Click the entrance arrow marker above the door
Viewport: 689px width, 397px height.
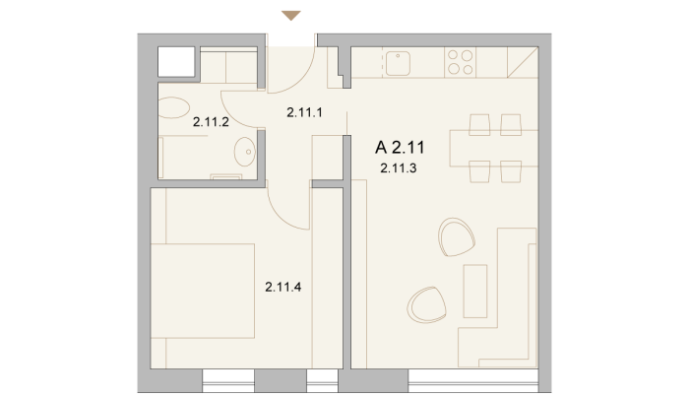(x=291, y=16)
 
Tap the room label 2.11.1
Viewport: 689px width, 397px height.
(x=304, y=112)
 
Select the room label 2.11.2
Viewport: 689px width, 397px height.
(x=211, y=122)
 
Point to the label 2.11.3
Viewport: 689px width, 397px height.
(x=399, y=167)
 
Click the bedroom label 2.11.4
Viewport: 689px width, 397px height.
(x=283, y=287)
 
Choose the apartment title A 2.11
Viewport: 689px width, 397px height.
(x=400, y=148)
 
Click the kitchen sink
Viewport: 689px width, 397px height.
(x=398, y=63)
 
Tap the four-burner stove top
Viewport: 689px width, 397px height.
(x=460, y=62)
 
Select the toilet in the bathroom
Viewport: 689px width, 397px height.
(x=173, y=107)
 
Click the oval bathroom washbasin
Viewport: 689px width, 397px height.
(x=245, y=152)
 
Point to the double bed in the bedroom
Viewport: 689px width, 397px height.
(x=203, y=291)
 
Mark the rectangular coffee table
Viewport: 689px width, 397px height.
(x=475, y=291)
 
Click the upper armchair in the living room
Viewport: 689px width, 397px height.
(x=457, y=237)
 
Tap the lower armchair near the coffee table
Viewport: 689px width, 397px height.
(x=426, y=305)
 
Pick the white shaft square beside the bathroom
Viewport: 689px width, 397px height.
(x=176, y=62)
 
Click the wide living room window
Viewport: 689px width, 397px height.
(x=473, y=380)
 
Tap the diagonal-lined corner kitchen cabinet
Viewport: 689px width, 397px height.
(x=523, y=62)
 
